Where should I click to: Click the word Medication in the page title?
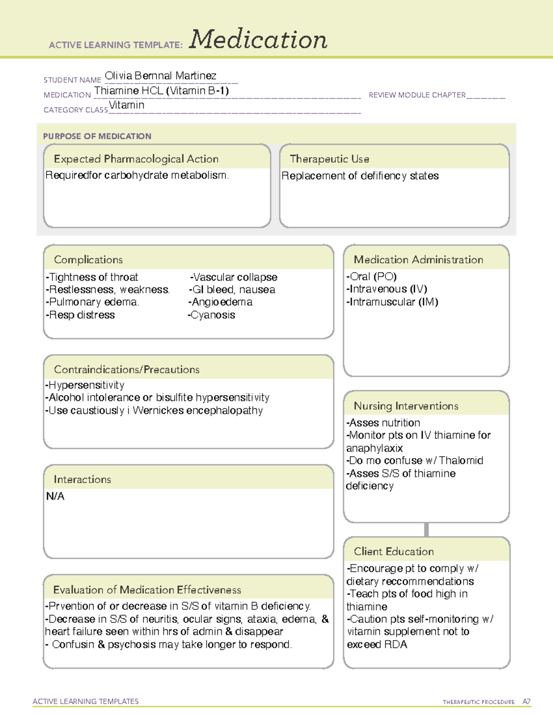(258, 40)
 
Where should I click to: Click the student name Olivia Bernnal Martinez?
(160, 76)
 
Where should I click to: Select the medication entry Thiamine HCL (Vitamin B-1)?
(161, 91)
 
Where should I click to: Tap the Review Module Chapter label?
(417, 95)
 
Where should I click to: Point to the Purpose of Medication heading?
(97, 136)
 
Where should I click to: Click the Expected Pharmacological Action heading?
(136, 159)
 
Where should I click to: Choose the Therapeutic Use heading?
(329, 159)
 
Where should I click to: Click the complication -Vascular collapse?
(234, 277)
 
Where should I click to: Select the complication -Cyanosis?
(212, 315)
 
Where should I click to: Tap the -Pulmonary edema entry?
(92, 302)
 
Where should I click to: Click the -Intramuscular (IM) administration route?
(392, 302)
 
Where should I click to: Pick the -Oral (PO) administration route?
(371, 276)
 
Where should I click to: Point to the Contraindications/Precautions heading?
(127, 370)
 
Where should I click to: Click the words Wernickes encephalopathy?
(198, 410)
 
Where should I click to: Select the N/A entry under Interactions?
(55, 496)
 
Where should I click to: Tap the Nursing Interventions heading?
(406, 406)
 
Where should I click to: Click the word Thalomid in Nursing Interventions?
(461, 460)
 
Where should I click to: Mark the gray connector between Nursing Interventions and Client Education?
(426, 529)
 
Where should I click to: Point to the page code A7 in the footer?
(526, 702)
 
